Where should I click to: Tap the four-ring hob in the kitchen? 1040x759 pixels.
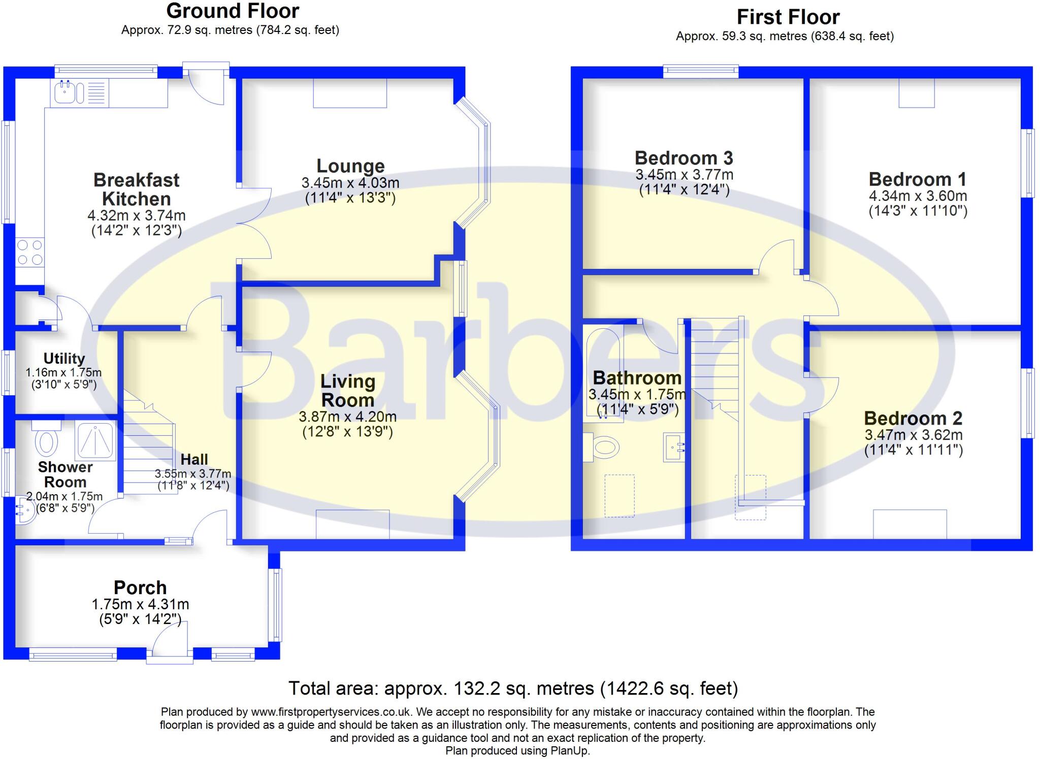coord(30,253)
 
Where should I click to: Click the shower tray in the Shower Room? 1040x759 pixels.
coord(95,439)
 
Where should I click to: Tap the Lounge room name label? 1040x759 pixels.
coord(350,166)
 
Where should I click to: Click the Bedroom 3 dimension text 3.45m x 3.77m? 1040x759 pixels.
coord(684,175)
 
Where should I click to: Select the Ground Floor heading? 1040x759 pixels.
coord(233,11)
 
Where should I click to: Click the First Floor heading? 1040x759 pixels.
coord(788,17)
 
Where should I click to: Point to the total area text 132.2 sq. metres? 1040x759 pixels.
coord(513,688)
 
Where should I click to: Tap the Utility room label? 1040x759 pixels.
coord(64,359)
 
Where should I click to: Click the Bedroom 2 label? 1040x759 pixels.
coord(913,419)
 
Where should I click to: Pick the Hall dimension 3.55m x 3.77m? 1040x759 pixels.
coord(193,474)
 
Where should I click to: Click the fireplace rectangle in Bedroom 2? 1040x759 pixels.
coord(909,524)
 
